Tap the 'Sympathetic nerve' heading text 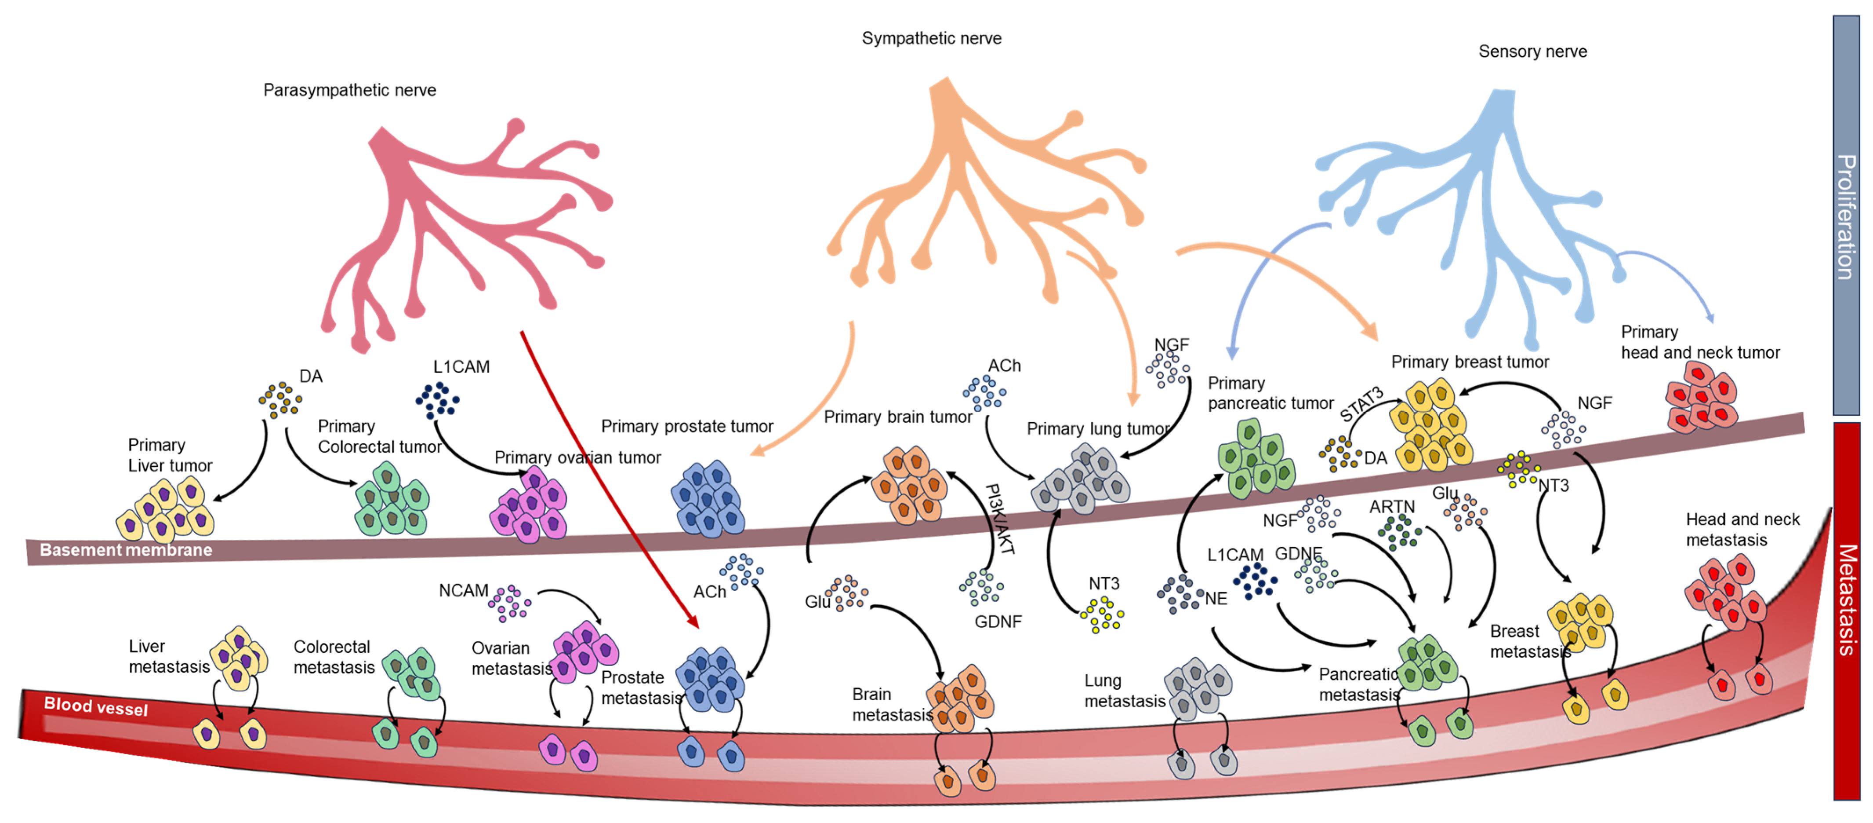click(x=931, y=39)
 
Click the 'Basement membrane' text click(x=126, y=550)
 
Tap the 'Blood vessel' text click(x=95, y=706)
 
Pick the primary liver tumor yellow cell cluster click(x=166, y=509)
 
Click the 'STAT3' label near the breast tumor click(x=1361, y=405)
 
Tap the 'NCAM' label click(x=463, y=591)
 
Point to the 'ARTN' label click(x=1392, y=506)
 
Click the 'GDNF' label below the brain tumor click(x=998, y=622)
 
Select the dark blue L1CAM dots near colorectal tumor click(x=437, y=400)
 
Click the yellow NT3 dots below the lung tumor click(x=1102, y=615)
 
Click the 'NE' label click(x=1216, y=599)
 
